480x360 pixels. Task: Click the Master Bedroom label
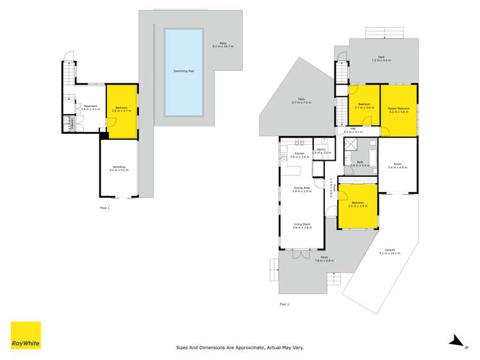398,109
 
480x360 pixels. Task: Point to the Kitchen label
299,154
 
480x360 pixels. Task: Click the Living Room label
301,224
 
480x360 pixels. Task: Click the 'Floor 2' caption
284,304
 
